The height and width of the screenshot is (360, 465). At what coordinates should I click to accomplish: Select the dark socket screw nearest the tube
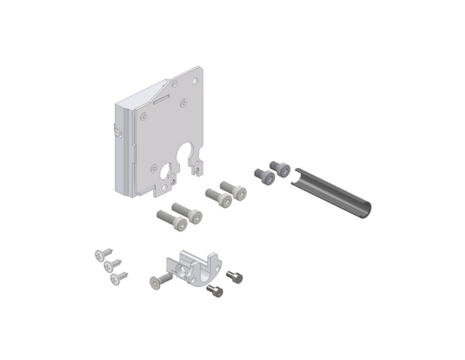coord(280,168)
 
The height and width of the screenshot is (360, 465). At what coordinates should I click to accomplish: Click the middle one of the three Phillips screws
coord(110,265)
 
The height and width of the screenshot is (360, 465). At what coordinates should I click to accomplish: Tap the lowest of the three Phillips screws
coord(117,277)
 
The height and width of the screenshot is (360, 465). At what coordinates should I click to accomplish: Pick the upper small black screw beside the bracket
coord(235,277)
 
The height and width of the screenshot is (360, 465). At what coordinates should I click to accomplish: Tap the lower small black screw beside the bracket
coord(216,291)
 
